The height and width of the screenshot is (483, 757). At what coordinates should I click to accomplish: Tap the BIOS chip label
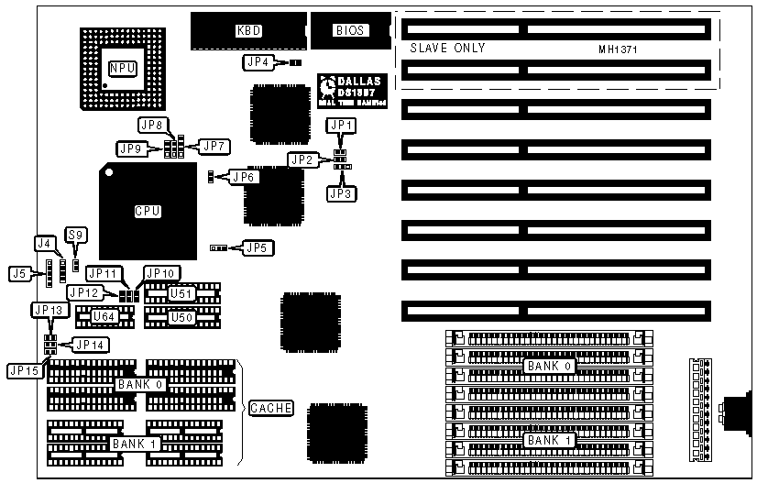(350, 30)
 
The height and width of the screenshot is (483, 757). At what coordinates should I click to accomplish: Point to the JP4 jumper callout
(257, 62)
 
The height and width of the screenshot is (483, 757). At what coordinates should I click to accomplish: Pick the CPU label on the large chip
(148, 212)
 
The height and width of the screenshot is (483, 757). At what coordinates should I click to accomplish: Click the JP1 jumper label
(341, 126)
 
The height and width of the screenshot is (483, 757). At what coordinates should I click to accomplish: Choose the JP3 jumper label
(341, 193)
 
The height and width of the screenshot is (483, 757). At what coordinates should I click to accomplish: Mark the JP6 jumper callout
(242, 177)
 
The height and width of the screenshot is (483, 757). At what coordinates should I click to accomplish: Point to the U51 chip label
(180, 293)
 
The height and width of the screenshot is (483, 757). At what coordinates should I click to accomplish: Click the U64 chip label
(104, 316)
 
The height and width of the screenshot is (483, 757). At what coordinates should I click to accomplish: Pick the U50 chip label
(180, 316)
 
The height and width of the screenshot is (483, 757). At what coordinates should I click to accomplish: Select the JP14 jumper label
(89, 346)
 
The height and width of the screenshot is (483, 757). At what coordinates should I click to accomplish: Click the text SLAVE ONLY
(447, 48)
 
